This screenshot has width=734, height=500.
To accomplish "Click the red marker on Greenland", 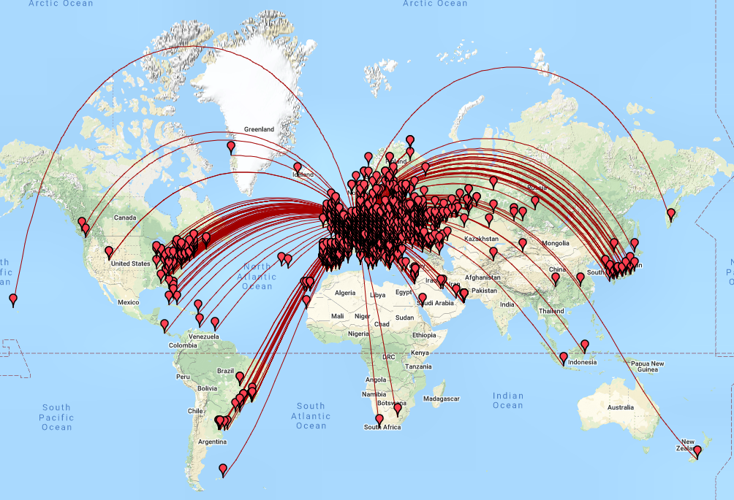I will [x=232, y=147].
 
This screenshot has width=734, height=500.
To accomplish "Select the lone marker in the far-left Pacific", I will [x=13, y=299].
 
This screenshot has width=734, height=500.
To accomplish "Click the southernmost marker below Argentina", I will [x=223, y=470].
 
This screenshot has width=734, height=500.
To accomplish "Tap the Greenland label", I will [x=260, y=129].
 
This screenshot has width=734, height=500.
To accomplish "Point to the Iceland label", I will [x=303, y=174].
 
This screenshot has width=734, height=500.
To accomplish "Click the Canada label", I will [x=126, y=218].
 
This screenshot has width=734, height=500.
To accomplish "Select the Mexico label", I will [x=128, y=301].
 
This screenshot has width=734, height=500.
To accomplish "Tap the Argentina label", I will [x=212, y=442].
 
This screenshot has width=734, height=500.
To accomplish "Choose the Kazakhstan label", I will [x=480, y=239].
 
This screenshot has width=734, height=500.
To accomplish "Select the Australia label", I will [x=621, y=407].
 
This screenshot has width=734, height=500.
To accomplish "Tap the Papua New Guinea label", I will [x=648, y=367].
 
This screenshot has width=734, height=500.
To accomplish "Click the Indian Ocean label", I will [x=507, y=401].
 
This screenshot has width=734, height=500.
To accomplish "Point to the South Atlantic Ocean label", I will [x=311, y=416].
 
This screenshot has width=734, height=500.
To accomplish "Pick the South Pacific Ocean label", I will [x=56, y=417].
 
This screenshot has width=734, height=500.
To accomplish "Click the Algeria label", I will [x=344, y=293].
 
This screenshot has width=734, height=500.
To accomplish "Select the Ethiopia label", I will [x=423, y=335].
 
